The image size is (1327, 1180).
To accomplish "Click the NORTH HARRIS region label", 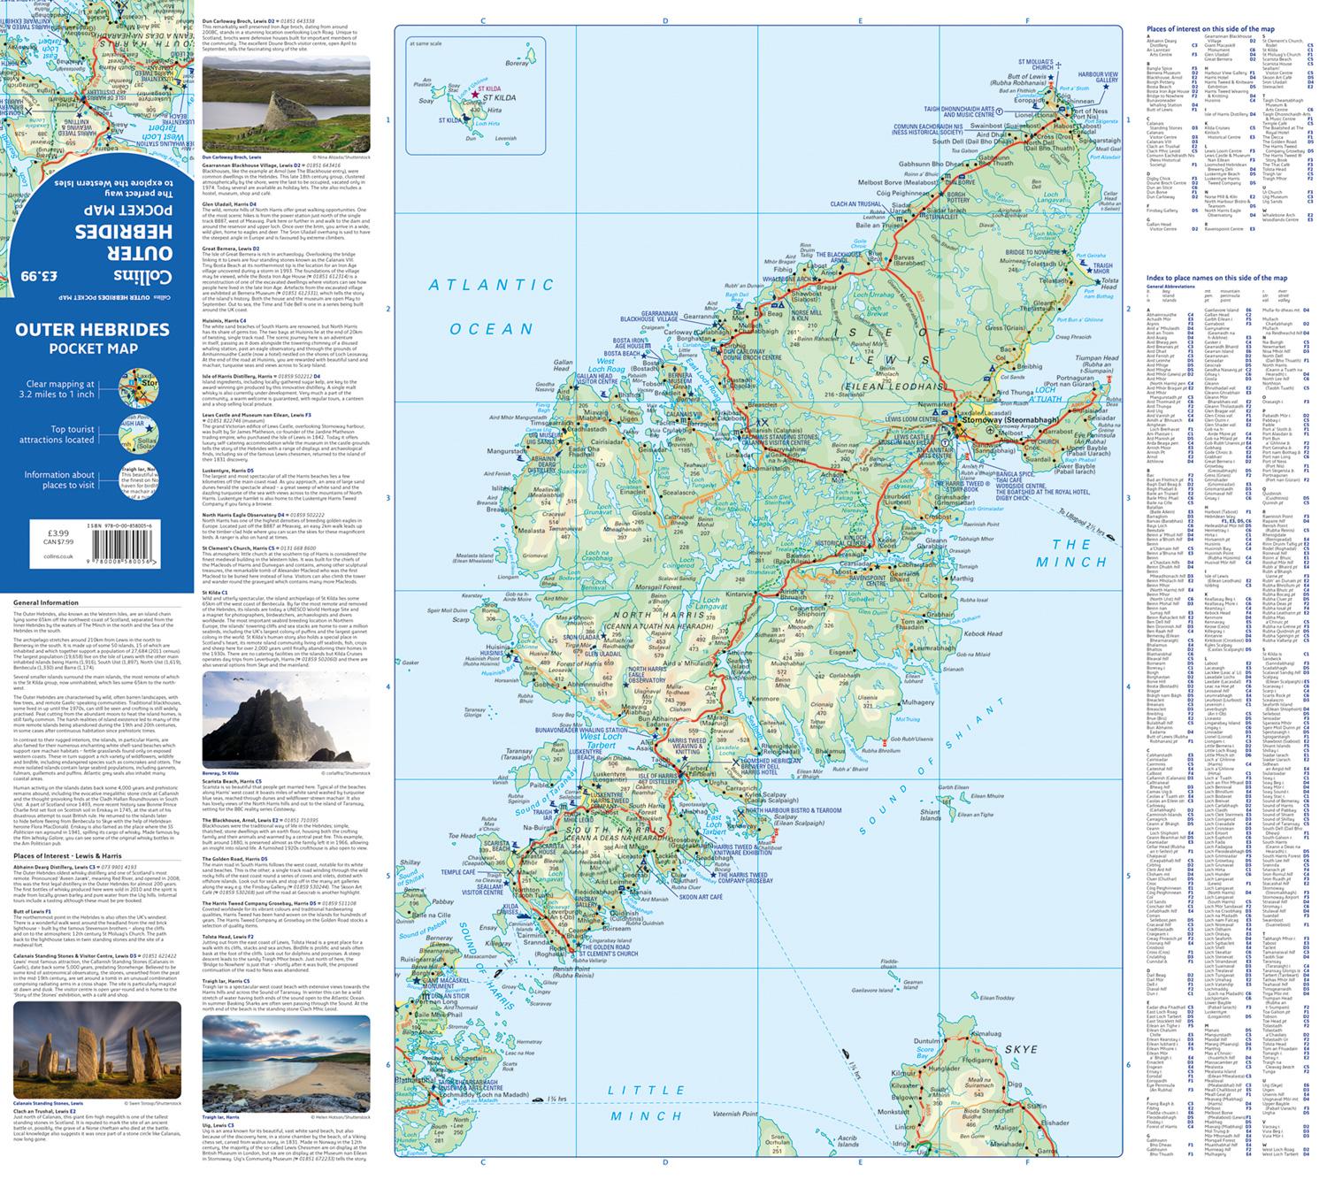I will [x=638, y=617].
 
